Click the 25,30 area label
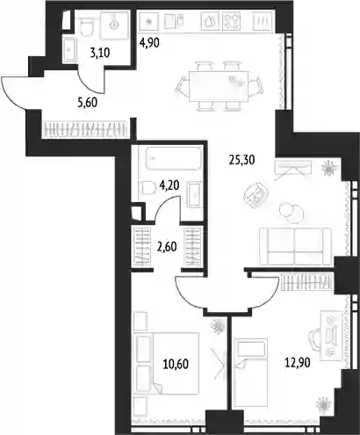click(241, 160)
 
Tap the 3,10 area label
click(100, 54)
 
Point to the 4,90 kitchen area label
click(149, 43)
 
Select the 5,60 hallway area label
click(87, 103)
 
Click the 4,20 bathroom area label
click(169, 185)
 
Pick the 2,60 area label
click(167, 247)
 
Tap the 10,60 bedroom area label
click(176, 364)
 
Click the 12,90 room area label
click(298, 363)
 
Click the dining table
click(219, 86)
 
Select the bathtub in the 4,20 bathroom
click(174, 158)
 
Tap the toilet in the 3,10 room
click(86, 25)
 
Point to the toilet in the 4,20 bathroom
click(148, 188)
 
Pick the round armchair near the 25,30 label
click(256, 195)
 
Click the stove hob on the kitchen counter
click(231, 21)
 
